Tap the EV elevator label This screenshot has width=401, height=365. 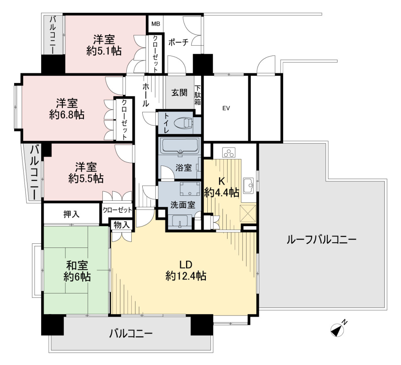click(x=226, y=108)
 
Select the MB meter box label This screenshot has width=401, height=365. click(x=156, y=24)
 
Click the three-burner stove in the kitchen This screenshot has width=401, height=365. click(x=228, y=152)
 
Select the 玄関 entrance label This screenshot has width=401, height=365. click(x=179, y=92)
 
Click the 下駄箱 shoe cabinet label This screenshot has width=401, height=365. click(x=198, y=95)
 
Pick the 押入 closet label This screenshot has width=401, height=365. click(x=72, y=214)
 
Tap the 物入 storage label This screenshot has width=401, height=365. click(x=122, y=225)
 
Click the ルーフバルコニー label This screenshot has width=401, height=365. click(x=321, y=240)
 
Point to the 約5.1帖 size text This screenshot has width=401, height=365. click(x=104, y=51)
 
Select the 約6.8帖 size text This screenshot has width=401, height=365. click(x=67, y=115)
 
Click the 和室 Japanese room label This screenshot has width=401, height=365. click(x=77, y=265)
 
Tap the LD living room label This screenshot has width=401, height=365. click(x=186, y=265)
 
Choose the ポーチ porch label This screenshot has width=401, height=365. click(x=178, y=42)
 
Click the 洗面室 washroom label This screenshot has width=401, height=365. click(x=183, y=205)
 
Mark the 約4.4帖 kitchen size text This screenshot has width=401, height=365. click(x=222, y=192)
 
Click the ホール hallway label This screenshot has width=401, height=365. click(x=145, y=95)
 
